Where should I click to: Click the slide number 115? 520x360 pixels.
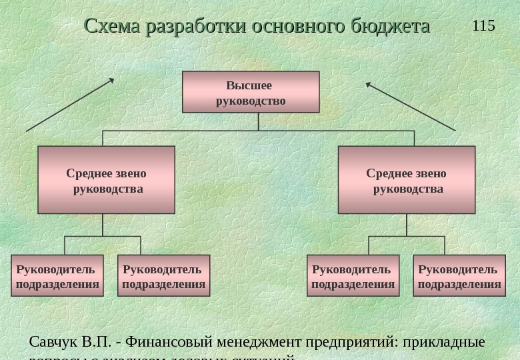tap(483, 26)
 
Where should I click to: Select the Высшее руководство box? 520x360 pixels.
tap(251, 93)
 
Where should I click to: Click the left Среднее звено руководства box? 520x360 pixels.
tap(106, 180)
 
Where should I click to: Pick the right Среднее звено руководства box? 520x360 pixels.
tap(407, 180)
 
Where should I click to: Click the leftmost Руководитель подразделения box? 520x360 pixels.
tap(58, 275)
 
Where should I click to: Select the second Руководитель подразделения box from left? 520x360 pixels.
tap(164, 275)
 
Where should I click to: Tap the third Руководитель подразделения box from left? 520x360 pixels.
tap(353, 275)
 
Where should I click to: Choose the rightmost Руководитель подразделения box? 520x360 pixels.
tap(459, 275)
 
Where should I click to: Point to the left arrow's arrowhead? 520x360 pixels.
tap(112, 80)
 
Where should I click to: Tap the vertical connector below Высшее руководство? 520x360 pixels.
tap(258, 121)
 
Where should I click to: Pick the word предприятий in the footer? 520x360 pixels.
tap(350, 342)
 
